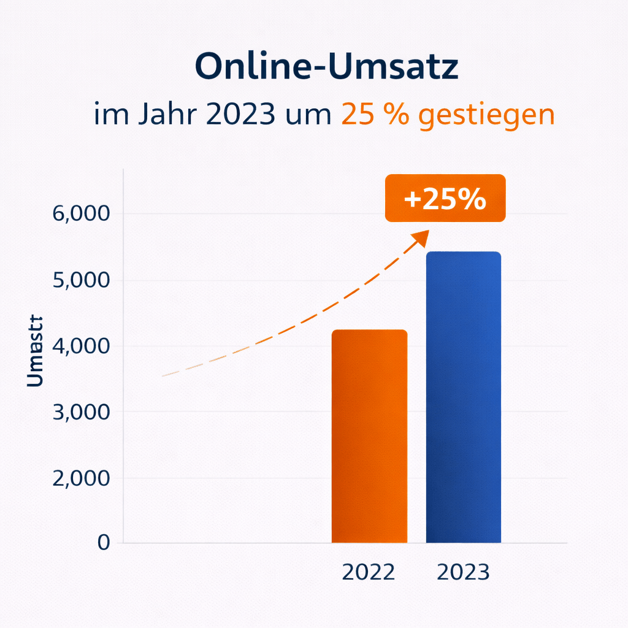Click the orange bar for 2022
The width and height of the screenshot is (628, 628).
(x=369, y=436)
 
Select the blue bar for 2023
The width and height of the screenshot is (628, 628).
(x=464, y=397)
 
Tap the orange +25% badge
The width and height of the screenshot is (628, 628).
(x=445, y=198)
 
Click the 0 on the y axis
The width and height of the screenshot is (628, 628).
(x=103, y=543)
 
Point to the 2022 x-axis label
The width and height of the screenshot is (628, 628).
(x=369, y=572)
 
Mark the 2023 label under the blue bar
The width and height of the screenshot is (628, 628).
(x=463, y=572)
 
